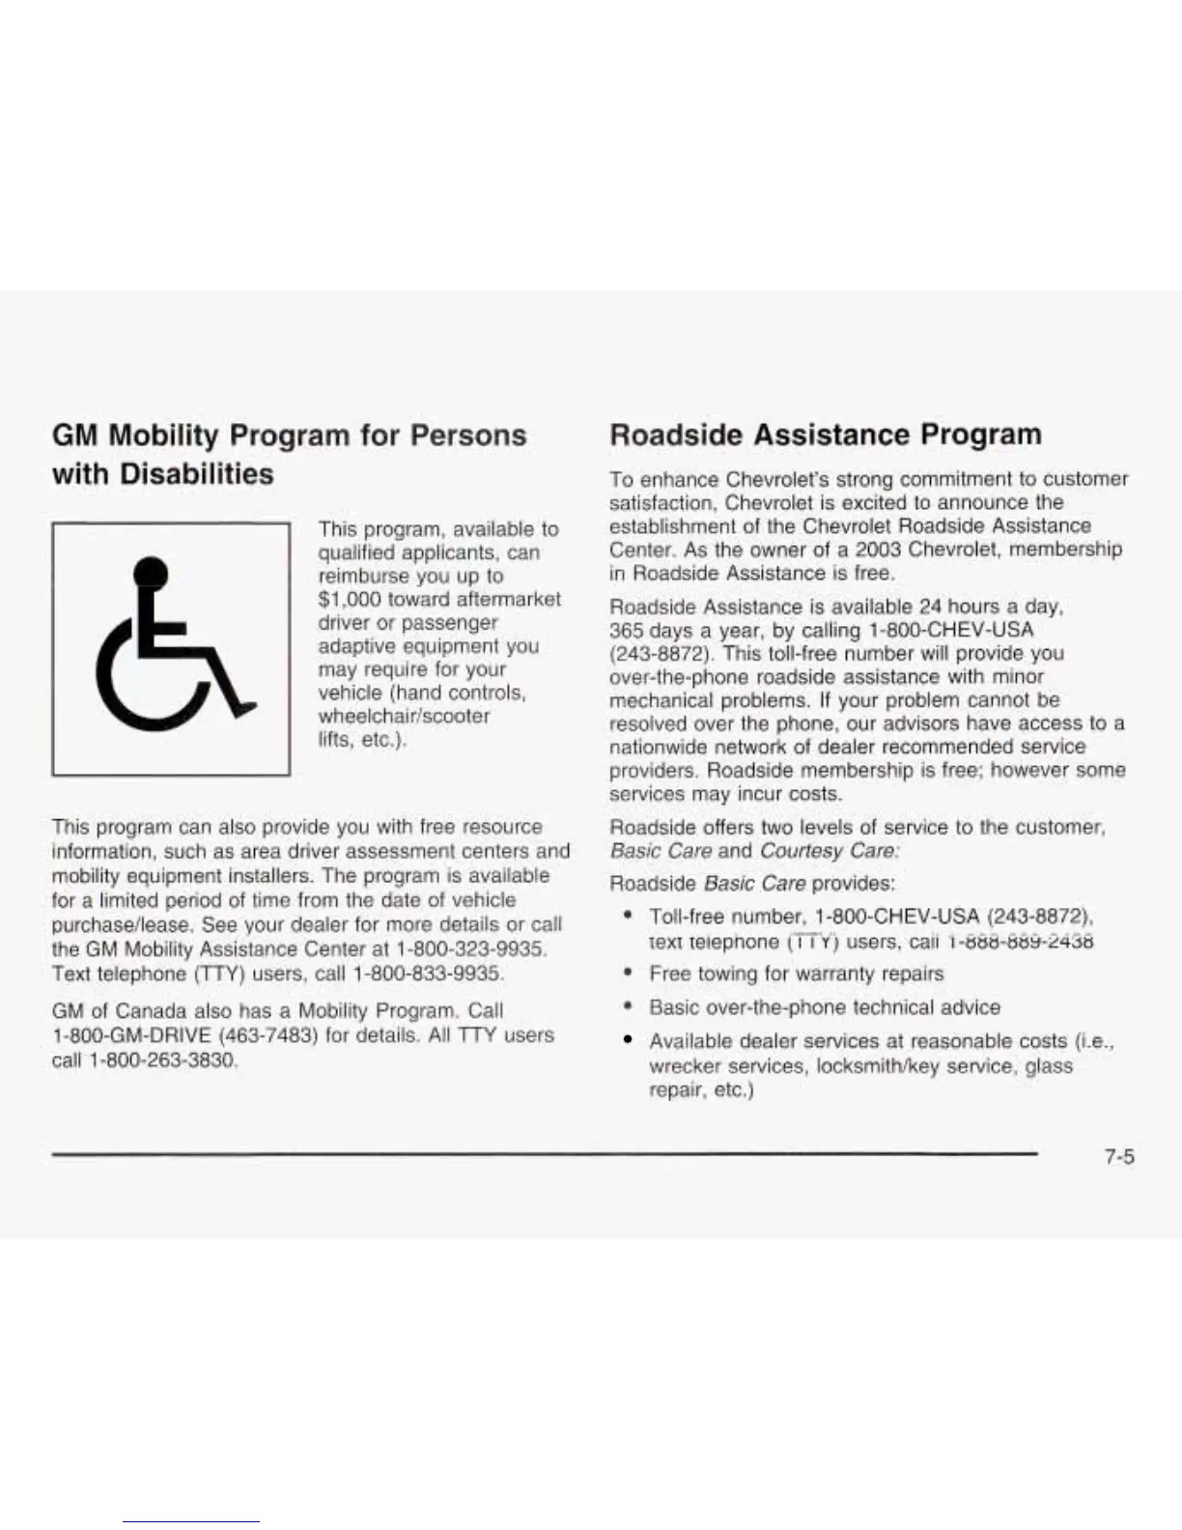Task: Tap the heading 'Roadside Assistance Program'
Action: pos(826,435)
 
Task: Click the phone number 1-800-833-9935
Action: pos(428,974)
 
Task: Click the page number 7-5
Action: pos(1119,1156)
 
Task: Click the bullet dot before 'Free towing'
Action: pos(629,974)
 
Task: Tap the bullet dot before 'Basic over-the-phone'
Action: pos(629,1007)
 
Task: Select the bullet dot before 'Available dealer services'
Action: pos(629,1041)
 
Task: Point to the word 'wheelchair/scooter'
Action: pos(404,717)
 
